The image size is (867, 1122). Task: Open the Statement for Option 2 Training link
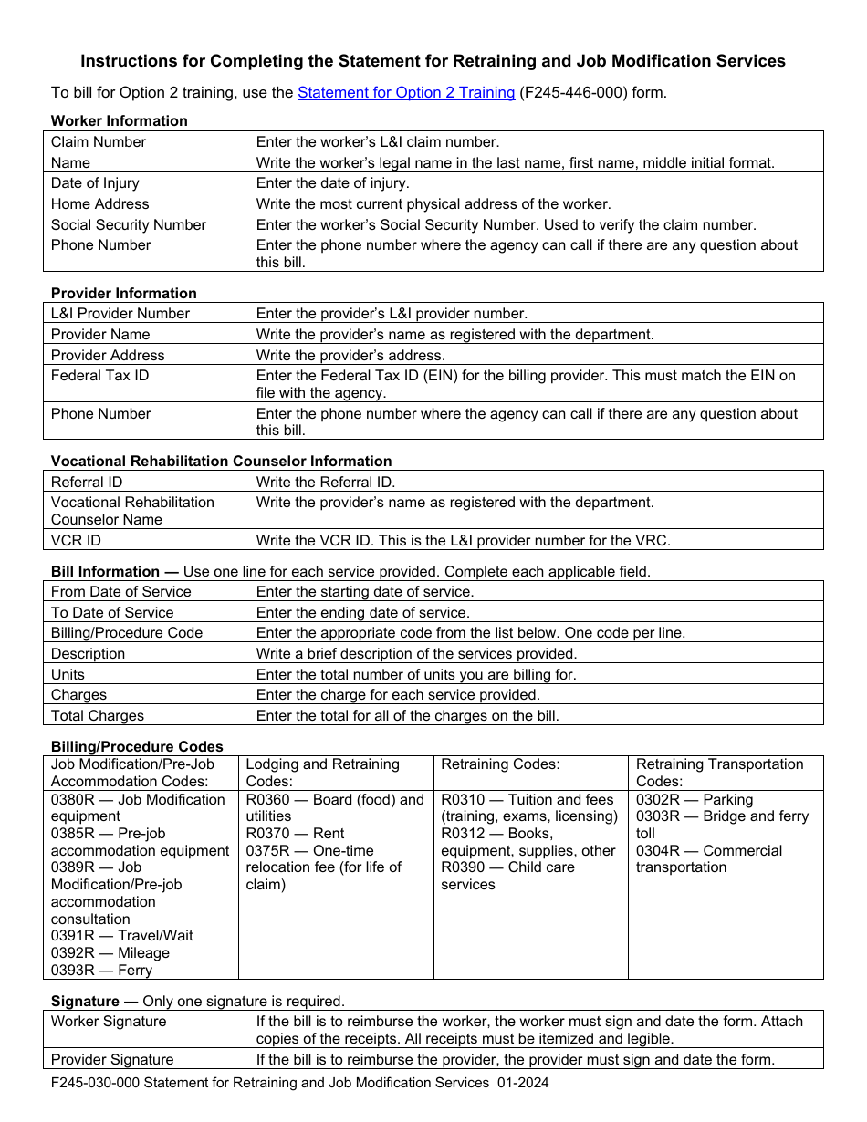pyautogui.click(x=406, y=92)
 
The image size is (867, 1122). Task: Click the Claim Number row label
pyautogui.click(x=99, y=141)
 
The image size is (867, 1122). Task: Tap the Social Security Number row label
pyautogui.click(x=129, y=224)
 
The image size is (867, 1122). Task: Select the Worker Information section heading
pyautogui.click(x=120, y=120)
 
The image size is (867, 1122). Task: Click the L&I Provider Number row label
pyautogui.click(x=120, y=313)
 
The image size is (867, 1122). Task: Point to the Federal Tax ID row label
pyautogui.click(x=100, y=375)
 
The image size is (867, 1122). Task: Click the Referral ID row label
pyautogui.click(x=87, y=482)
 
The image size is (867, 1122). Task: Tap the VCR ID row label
pyautogui.click(x=77, y=540)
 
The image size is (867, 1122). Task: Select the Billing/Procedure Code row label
pyautogui.click(x=127, y=632)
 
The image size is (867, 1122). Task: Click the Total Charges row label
pyautogui.click(x=98, y=715)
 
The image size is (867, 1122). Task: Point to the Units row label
pyautogui.click(x=68, y=674)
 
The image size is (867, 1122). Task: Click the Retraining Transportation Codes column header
pyautogui.click(x=719, y=773)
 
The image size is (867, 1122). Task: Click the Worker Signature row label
pyautogui.click(x=109, y=1021)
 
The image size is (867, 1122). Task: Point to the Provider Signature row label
pyautogui.click(x=112, y=1059)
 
